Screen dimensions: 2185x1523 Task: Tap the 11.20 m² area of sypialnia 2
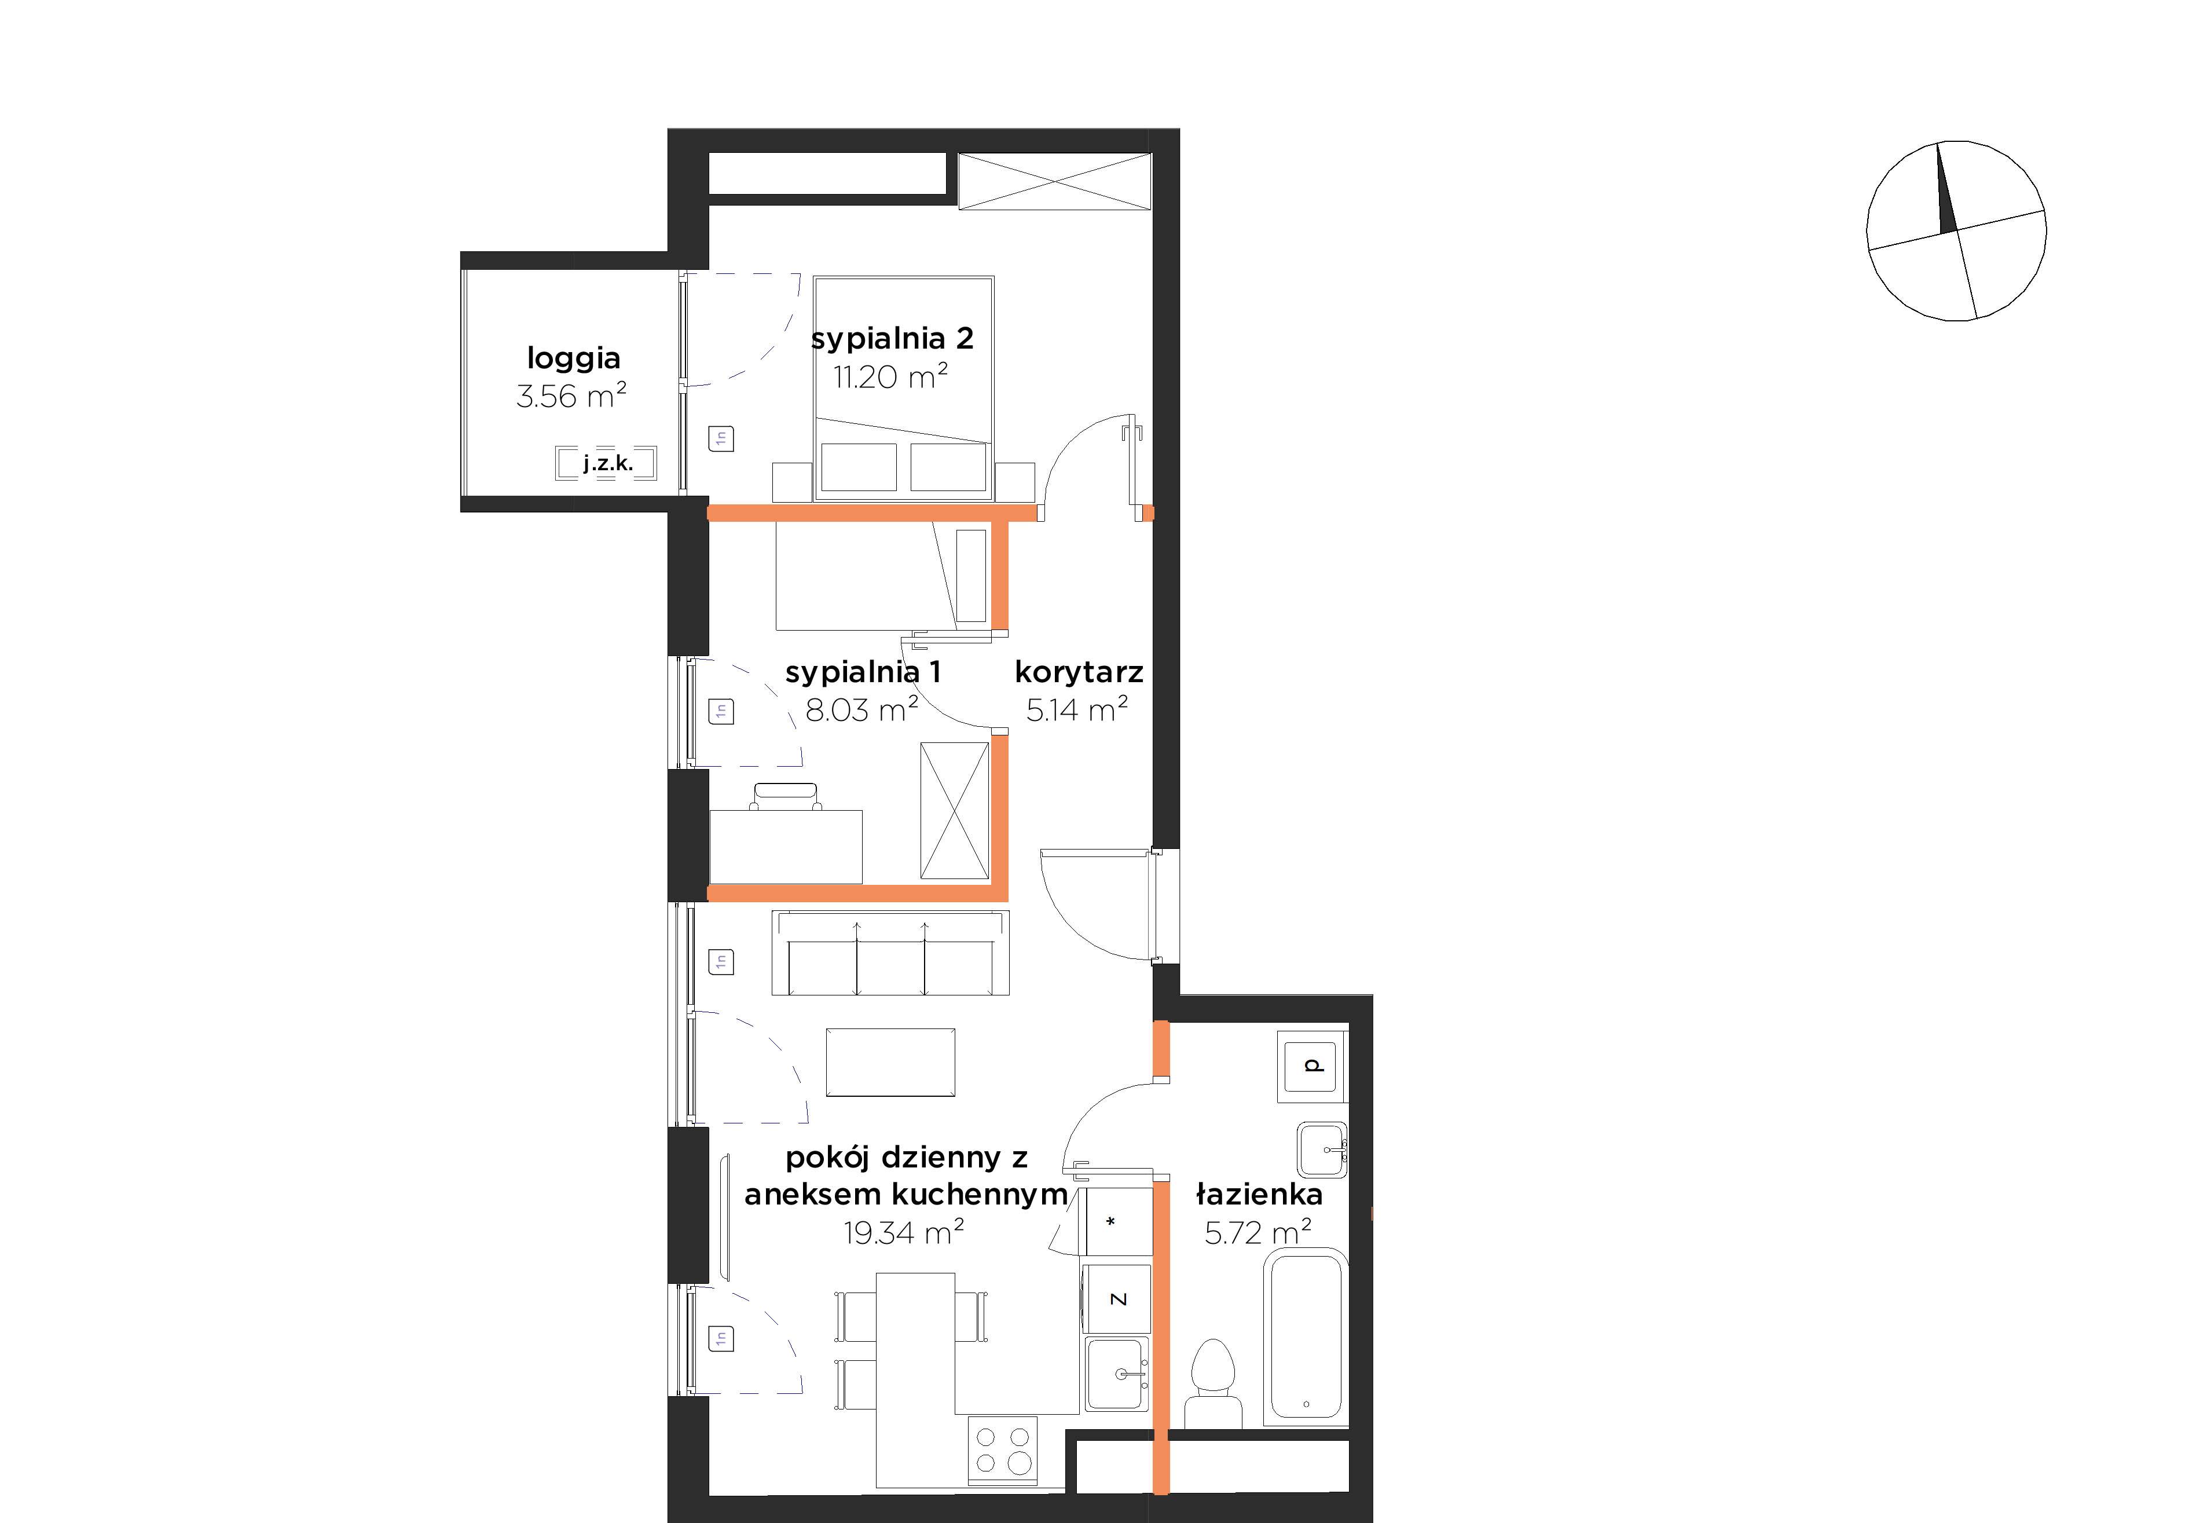pyautogui.click(x=891, y=377)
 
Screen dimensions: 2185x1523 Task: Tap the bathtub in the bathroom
pyautogui.click(x=1306, y=1337)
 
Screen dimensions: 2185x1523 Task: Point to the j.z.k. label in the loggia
pyautogui.click(x=608, y=464)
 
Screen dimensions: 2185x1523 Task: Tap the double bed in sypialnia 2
pyautogui.click(x=903, y=389)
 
